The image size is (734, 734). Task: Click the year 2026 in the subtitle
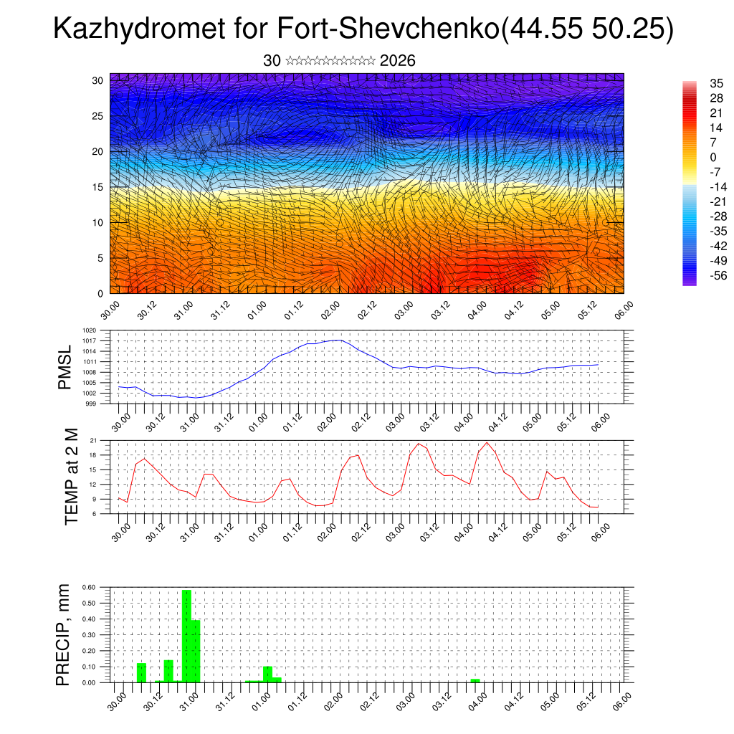point(398,61)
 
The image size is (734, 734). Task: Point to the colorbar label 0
point(712,157)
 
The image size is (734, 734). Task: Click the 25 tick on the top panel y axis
point(97,115)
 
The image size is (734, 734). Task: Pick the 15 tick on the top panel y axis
point(97,187)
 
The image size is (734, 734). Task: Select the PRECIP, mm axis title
point(65,634)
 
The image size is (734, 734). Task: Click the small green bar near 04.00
point(475,680)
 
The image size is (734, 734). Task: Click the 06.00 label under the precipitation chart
point(621,700)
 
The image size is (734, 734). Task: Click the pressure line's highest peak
point(338,340)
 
